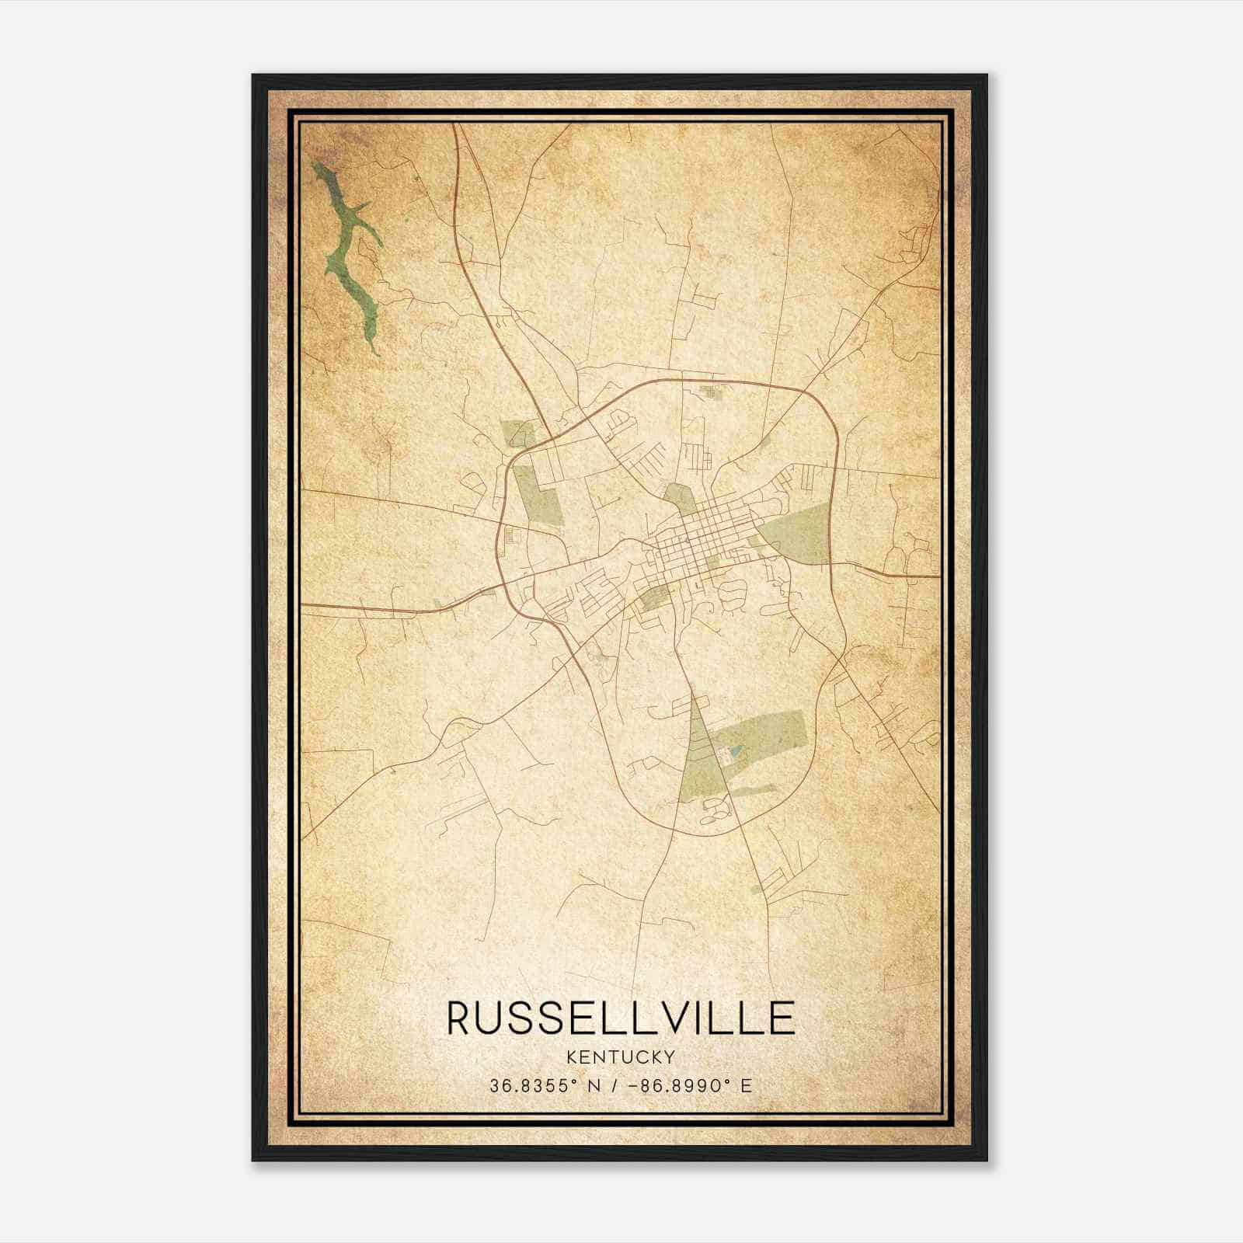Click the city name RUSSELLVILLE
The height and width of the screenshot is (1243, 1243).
pos(621,1018)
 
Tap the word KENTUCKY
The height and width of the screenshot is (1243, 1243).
pos(621,1057)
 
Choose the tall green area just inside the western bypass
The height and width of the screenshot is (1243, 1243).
pos(537,494)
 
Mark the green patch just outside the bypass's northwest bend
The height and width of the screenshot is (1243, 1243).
pos(518,432)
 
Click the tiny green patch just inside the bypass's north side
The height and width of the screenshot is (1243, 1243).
pos(709,391)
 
